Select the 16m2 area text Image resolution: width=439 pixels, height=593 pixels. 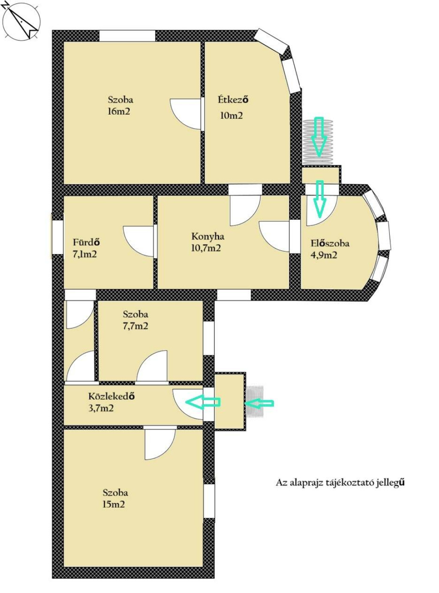click(x=119, y=111)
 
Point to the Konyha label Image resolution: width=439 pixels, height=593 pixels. click(x=207, y=236)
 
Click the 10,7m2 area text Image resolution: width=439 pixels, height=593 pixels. click(x=206, y=248)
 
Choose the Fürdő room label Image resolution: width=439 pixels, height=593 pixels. click(x=87, y=242)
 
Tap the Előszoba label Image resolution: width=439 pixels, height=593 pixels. click(x=330, y=243)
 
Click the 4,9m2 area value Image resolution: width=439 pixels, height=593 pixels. click(x=324, y=255)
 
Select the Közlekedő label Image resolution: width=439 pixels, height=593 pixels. click(x=111, y=396)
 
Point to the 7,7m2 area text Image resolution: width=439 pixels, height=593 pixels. click(x=135, y=326)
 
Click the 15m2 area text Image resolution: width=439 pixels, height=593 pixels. click(x=114, y=504)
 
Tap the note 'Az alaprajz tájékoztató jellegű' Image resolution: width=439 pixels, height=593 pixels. click(x=340, y=483)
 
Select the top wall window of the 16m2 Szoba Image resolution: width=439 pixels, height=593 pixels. click(x=127, y=36)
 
